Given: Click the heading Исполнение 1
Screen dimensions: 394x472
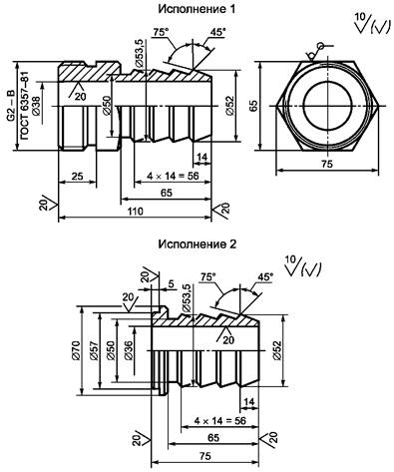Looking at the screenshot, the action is click(x=197, y=9).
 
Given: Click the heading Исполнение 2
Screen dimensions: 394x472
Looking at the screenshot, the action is click(x=197, y=244).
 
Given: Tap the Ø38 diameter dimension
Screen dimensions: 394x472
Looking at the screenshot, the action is click(x=36, y=106).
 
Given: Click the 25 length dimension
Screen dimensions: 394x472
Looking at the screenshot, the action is click(x=78, y=176).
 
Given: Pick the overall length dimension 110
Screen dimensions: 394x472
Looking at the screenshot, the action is click(x=136, y=212).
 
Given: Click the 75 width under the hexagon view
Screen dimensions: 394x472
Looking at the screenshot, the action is click(x=327, y=164).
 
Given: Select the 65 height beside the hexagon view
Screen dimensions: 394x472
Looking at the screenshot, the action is click(x=253, y=106).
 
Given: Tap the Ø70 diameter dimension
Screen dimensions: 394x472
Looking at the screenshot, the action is click(x=76, y=350).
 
